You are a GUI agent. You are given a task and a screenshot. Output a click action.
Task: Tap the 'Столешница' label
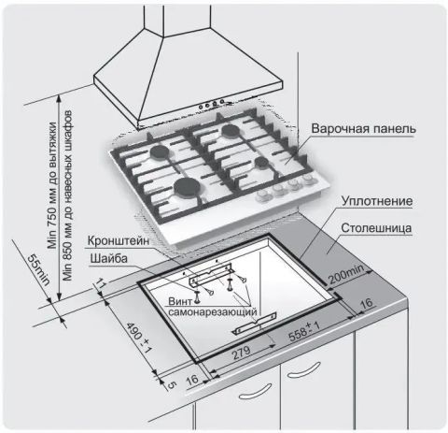379,227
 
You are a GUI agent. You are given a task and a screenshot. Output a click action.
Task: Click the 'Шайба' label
110,258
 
